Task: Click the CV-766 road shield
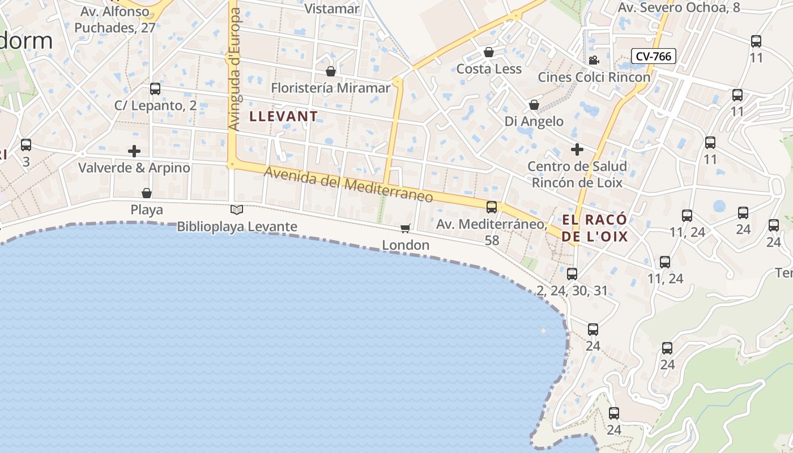654,56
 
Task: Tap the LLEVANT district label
284,117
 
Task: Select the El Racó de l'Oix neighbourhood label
595,228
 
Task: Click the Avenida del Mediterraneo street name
348,185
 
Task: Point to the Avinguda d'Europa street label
233,68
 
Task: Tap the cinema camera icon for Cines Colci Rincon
594,61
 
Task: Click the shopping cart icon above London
405,228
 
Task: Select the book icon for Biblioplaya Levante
237,210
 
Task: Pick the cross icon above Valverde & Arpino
134,151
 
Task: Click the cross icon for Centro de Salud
577,149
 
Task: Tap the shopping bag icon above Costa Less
489,53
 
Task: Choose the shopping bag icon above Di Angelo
534,105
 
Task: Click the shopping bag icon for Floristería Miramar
331,71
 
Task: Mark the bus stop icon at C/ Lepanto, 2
155,89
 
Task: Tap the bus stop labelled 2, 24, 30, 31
572,274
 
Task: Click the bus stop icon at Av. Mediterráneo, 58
492,207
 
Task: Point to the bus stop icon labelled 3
26,145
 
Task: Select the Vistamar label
332,8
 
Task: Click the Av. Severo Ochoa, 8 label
679,7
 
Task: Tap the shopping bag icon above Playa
147,193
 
